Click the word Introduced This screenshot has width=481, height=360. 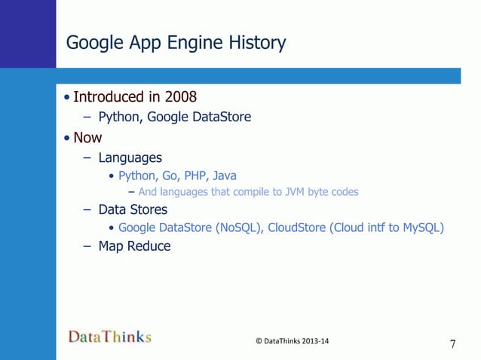click(108, 97)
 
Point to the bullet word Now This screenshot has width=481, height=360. click(87, 138)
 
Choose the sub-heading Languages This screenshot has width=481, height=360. click(130, 158)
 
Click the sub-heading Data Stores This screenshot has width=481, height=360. click(133, 209)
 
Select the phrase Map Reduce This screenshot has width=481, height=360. click(134, 246)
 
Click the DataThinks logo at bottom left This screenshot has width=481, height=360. click(110, 337)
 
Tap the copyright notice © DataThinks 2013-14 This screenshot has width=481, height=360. click(293, 341)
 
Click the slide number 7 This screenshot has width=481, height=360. click(452, 345)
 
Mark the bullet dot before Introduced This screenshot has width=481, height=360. click(68, 98)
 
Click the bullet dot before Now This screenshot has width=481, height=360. click(68, 139)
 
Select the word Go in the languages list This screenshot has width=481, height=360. click(163, 176)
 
